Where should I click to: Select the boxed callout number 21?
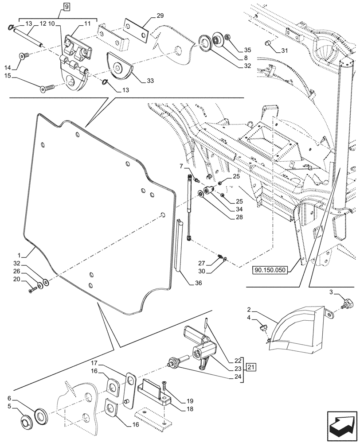coord(251,367)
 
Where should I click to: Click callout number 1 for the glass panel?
coord(20,256)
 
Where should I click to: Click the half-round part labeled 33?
coord(118,67)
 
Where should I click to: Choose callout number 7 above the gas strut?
coord(181,166)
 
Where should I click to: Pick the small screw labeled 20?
coord(32,290)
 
